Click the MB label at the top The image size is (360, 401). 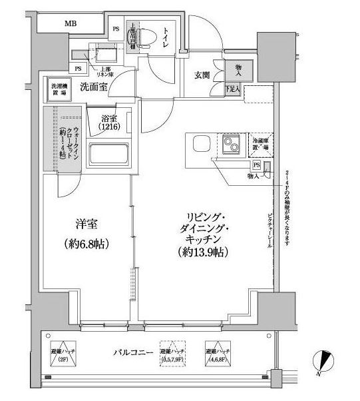pos(71,25)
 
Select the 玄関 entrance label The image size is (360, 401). pos(203,75)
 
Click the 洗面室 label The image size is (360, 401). pos(94,87)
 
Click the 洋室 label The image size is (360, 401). pos(83,225)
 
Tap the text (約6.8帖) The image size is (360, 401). pos(83,243)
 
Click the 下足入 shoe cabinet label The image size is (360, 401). pos(233,88)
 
